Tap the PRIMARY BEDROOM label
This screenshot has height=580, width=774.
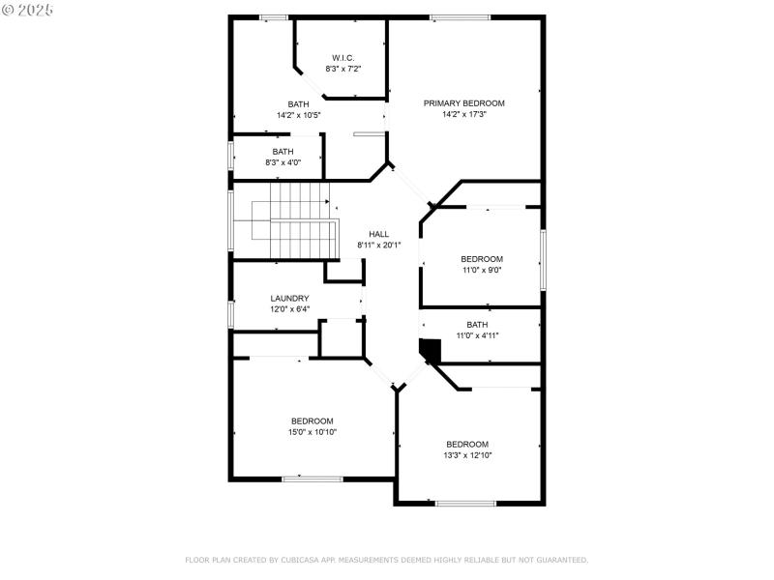tap(463, 102)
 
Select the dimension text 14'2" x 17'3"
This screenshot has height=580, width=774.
tap(463, 114)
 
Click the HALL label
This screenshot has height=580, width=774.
tap(378, 234)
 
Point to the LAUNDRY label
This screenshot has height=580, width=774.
tap(289, 298)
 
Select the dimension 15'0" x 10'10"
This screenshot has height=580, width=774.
tap(313, 432)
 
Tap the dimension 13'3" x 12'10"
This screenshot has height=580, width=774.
tap(467, 455)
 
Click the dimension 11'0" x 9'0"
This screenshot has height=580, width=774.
tap(482, 270)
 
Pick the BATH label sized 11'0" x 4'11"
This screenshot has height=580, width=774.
tap(477, 325)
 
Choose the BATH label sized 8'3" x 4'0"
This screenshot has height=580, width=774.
tap(283, 152)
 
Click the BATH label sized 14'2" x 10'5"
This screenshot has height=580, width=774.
tap(298, 104)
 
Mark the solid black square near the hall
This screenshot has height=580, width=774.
tap(430, 350)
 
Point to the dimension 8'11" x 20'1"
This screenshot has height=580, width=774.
tap(378, 245)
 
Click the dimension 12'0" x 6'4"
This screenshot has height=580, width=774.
tap(289, 309)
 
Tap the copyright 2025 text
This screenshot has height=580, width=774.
tap(28, 9)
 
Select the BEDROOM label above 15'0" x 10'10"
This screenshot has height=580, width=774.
tap(313, 420)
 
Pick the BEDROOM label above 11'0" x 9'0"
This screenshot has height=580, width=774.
tap(482, 258)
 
